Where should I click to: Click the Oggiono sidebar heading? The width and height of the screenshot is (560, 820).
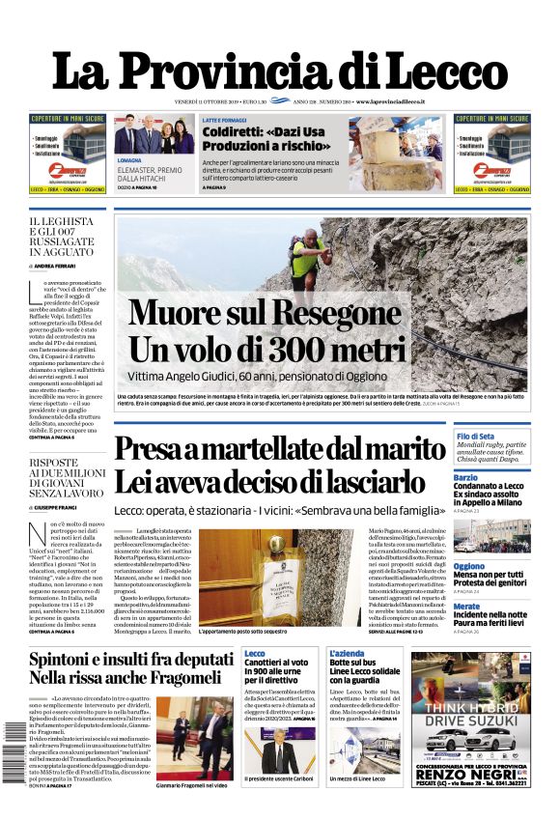[x=469, y=566]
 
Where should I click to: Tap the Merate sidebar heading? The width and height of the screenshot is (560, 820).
[x=466, y=607]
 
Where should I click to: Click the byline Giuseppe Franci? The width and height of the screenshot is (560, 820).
[x=57, y=507]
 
